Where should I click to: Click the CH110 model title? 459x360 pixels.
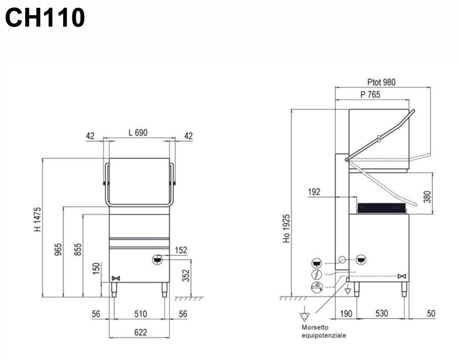click(x=45, y=18)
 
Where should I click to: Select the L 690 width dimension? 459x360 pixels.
click(x=138, y=133)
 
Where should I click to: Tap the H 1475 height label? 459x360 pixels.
click(x=38, y=220)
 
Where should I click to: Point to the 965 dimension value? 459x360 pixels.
click(x=58, y=249)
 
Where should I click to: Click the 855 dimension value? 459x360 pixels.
click(x=78, y=249)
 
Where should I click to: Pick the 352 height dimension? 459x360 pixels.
click(x=186, y=275)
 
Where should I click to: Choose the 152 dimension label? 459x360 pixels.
click(x=181, y=250)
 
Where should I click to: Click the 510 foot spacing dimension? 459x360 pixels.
click(x=140, y=314)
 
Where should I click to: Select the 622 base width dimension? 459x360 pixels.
click(x=140, y=332)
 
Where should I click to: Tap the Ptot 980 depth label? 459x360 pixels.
click(x=381, y=82)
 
